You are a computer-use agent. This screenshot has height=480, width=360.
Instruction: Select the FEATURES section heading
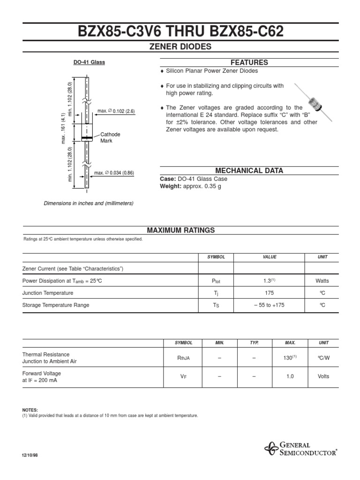point(249,62)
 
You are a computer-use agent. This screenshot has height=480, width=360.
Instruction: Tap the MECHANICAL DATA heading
point(249,171)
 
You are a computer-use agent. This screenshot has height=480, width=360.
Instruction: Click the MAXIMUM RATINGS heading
point(181,230)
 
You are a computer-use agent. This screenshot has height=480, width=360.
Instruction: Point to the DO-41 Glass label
point(86,62)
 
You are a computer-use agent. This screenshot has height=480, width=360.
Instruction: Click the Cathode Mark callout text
point(111,137)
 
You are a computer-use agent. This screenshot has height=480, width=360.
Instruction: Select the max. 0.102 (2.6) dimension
point(116,111)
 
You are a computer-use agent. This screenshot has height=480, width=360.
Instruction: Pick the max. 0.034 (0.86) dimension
point(114,173)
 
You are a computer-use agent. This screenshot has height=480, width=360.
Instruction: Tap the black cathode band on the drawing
point(87,138)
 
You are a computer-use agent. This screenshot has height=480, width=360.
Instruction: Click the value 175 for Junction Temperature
point(269,293)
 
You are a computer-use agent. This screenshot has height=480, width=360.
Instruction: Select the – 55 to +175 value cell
point(269,305)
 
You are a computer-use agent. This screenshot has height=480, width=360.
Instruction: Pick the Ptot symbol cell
point(216,281)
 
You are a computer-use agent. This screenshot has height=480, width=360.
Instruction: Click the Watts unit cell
point(322,281)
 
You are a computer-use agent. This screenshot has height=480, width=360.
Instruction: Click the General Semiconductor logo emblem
point(271,449)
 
